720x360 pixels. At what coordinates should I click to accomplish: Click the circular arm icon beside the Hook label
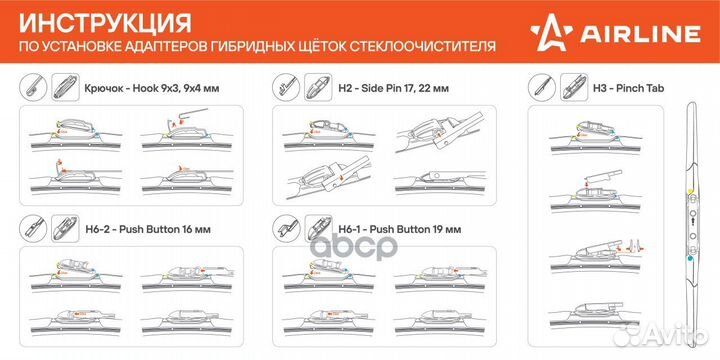tap(32, 87)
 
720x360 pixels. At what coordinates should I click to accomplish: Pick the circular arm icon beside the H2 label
tap(287, 87)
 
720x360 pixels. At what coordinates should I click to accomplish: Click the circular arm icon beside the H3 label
tap(542, 87)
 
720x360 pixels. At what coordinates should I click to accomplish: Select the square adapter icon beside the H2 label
tap(318, 87)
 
